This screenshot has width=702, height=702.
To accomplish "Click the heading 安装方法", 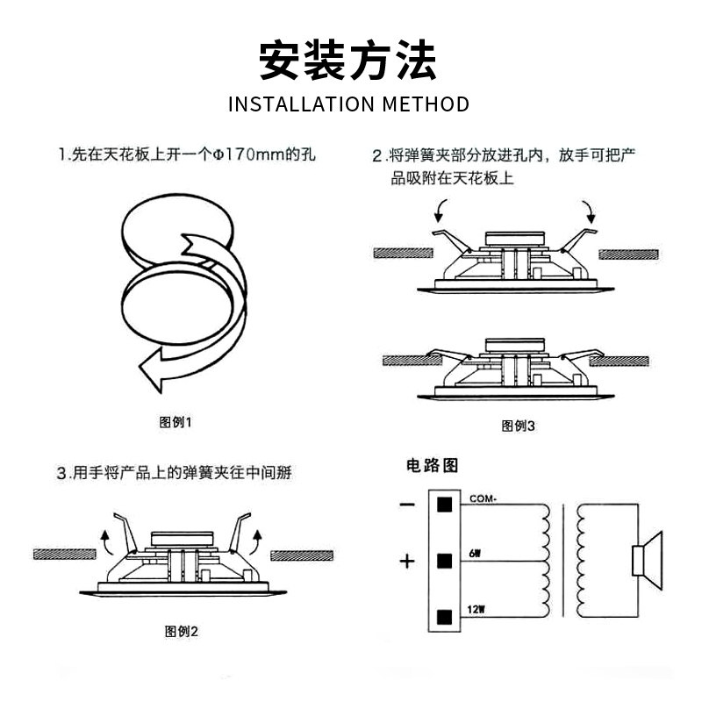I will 348,61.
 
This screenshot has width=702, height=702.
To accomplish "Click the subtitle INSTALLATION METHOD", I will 348,104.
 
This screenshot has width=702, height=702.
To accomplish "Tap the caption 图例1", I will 175,422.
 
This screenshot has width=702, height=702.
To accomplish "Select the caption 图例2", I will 182,630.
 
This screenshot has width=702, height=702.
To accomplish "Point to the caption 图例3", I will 518,426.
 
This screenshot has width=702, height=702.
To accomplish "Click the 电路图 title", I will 432,466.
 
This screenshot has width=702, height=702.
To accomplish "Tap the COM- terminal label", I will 484,498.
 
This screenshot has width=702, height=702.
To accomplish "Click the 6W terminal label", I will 476,554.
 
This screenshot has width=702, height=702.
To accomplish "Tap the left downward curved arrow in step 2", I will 442,210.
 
